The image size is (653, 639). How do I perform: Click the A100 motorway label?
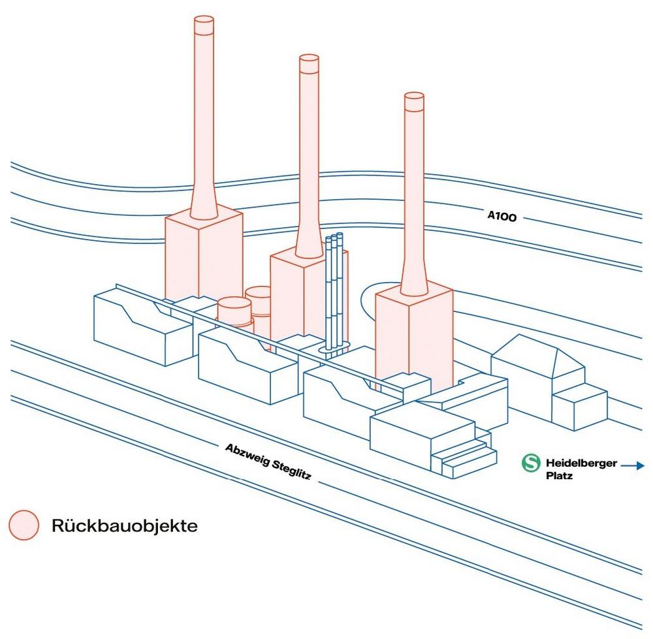click(502, 215)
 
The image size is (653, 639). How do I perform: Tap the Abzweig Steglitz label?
click(268, 461)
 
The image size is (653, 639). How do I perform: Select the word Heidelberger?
click(581, 463)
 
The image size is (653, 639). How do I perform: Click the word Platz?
click(559, 475)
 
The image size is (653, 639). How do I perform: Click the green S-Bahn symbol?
click(531, 463)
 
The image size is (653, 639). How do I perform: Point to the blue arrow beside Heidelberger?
click(633, 466)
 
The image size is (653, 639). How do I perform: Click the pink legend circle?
click(24, 525)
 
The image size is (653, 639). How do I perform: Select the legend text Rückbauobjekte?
click(125, 526)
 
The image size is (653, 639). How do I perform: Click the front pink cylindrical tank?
click(234, 313)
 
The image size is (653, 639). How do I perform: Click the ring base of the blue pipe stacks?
click(334, 349)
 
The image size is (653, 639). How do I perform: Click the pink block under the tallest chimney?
click(204, 257)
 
